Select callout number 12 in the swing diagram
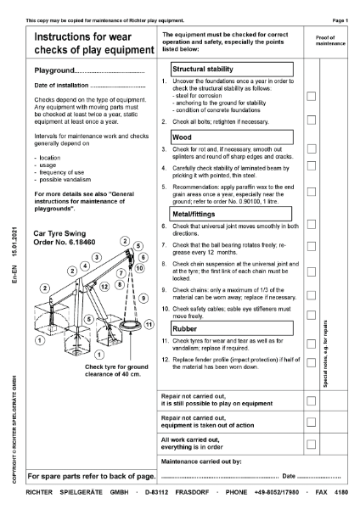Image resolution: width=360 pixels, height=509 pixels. coord(104,287)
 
